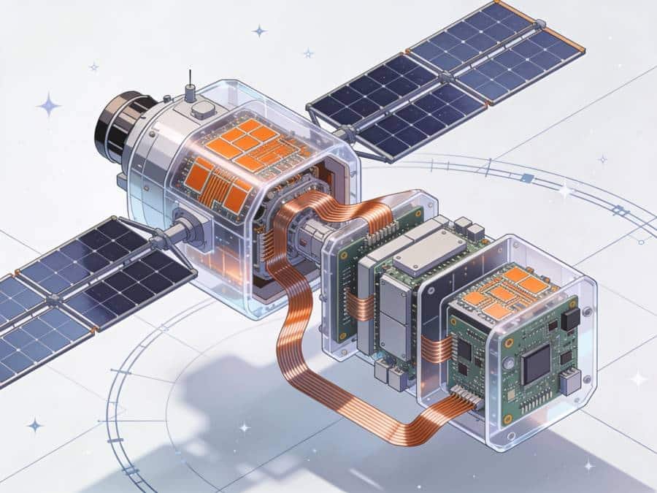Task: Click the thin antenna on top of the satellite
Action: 190,82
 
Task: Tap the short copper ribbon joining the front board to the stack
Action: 437,348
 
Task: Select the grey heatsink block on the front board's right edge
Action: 569,380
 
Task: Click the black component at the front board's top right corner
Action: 571,318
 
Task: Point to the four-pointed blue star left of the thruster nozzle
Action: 49,105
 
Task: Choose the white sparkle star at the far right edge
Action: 638,378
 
